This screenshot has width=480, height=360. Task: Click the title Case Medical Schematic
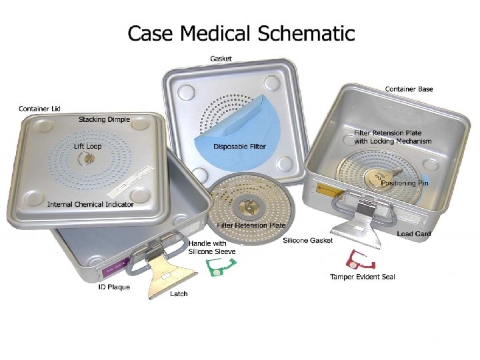241,33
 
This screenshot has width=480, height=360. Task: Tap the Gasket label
221,59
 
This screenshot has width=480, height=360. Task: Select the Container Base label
409,89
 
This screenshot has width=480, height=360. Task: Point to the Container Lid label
39,108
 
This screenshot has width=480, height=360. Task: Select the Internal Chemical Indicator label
91,204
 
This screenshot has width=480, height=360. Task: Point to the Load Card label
414,234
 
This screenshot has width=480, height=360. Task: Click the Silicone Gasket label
307,240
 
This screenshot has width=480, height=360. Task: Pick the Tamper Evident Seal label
363,277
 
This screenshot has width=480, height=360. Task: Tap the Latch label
179,293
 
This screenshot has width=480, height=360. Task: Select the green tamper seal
214,268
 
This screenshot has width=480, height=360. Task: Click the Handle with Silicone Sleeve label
212,247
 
